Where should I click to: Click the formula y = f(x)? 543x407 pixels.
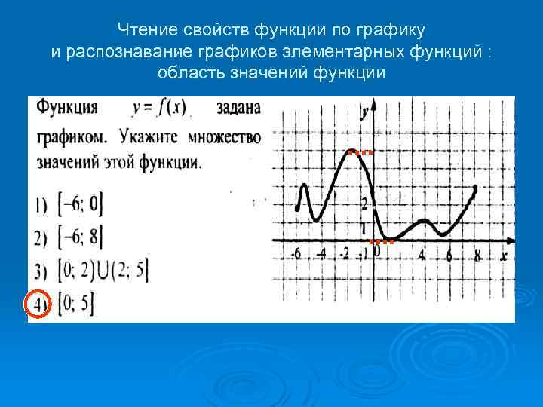(x=159, y=108)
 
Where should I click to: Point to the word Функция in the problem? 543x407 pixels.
(x=68, y=107)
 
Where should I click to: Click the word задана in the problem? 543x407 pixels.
(x=238, y=108)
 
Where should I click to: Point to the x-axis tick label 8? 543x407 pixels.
(x=478, y=255)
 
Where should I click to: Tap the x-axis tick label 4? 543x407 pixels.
(x=422, y=255)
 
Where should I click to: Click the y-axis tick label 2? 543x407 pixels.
(x=364, y=203)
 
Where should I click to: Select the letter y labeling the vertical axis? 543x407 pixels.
(x=364, y=112)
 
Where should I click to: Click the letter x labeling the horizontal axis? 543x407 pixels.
(x=503, y=256)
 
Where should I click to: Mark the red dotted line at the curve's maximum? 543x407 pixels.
(x=362, y=152)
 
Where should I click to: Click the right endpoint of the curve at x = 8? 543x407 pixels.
(x=475, y=188)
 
